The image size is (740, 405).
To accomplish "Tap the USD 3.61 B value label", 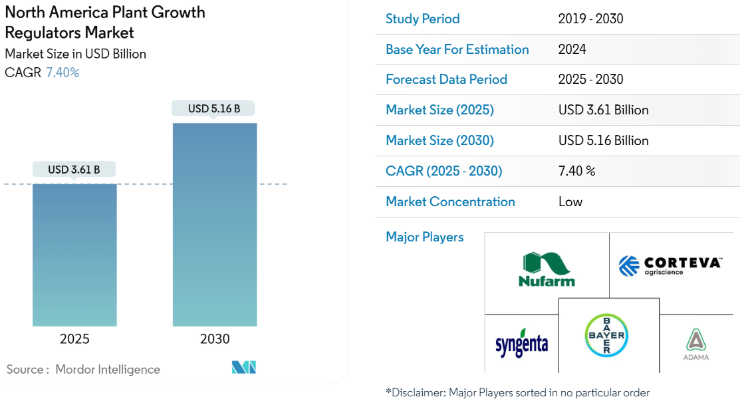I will click(74, 170).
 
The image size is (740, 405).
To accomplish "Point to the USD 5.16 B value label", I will click(214, 108).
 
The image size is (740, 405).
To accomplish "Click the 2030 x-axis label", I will click(215, 339).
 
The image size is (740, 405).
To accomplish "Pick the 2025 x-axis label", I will click(74, 339).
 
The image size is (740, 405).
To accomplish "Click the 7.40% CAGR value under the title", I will click(62, 72).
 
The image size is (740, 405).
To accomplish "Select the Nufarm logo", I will click(547, 269).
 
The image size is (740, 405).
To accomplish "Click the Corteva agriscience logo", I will click(670, 265).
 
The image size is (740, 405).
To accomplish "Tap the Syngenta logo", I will click(522, 343).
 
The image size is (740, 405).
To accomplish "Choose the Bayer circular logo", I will click(606, 336).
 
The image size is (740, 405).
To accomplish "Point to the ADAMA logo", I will click(696, 344).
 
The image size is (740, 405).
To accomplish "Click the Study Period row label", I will click(423, 19).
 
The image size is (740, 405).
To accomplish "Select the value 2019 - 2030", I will click(590, 19).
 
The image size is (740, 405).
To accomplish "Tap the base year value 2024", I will click(572, 49).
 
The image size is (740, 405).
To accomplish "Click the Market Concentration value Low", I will click(570, 202).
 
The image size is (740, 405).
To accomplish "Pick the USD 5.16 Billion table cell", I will click(603, 140).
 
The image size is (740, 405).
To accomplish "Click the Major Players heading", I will click(425, 237).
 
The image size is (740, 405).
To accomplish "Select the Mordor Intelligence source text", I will click(108, 369).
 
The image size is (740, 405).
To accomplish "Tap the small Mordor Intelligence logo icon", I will click(243, 367).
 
